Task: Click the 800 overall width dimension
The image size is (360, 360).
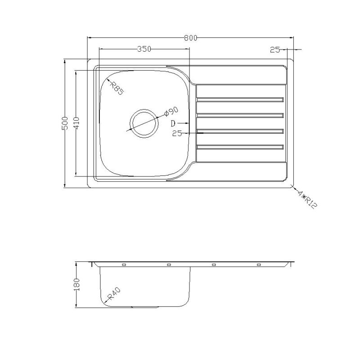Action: tap(191, 38)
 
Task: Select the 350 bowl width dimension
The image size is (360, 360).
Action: tap(144, 49)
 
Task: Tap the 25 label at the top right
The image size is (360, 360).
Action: tap(275, 49)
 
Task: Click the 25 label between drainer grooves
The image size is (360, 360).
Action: tap(177, 133)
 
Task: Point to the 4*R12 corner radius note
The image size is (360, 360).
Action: tap(308, 198)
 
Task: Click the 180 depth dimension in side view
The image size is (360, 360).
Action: tap(76, 284)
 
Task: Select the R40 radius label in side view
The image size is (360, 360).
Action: tap(114, 295)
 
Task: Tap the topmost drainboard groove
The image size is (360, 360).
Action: tap(240, 99)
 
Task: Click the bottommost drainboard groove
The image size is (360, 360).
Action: tap(240, 147)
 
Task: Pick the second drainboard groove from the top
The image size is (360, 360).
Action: tap(240, 115)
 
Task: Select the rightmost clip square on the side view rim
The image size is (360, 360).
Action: tap(259, 265)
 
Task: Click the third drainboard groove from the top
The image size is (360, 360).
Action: tap(240, 131)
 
